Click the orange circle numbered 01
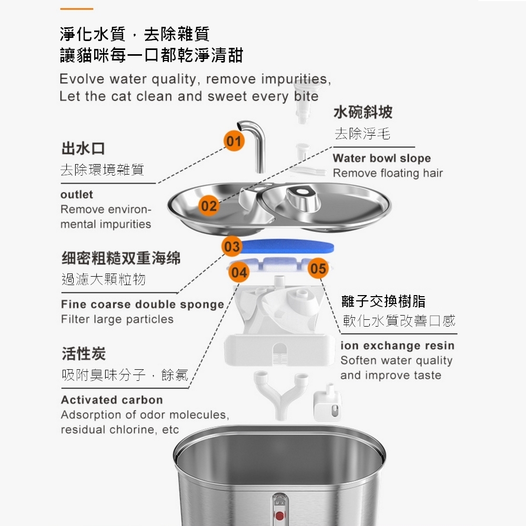(234, 140)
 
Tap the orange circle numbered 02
(209, 205)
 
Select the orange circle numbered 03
(232, 246)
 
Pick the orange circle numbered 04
(239, 272)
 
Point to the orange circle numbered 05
(318, 268)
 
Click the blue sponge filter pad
(288, 246)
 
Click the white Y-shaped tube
(281, 394)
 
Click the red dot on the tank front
(279, 515)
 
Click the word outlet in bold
(77, 195)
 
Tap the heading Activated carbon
(112, 400)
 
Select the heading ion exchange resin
(398, 346)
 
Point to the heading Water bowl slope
(382, 158)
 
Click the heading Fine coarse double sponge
(143, 305)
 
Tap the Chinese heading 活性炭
(84, 353)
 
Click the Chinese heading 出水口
(83, 149)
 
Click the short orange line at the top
(76, 9)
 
